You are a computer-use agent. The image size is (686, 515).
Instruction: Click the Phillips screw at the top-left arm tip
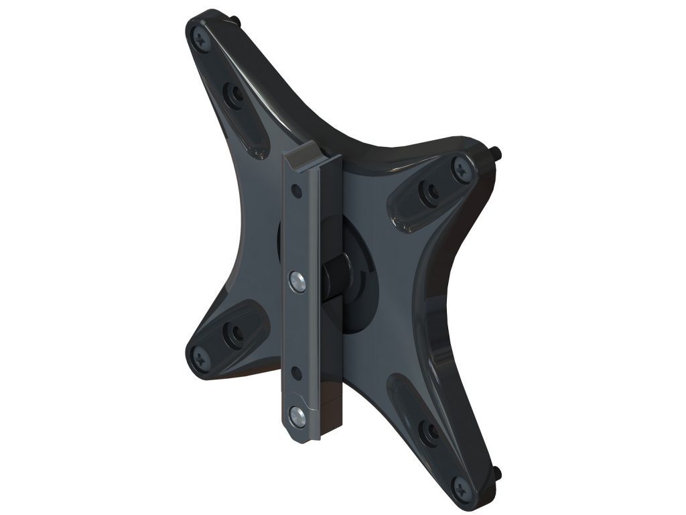coord(200,38)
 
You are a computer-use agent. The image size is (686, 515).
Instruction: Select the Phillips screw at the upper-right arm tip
coord(461,168)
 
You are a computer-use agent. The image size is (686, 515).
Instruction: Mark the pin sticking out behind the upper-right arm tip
coord(497,154)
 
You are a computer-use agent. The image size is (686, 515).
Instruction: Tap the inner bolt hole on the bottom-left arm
coord(234,332)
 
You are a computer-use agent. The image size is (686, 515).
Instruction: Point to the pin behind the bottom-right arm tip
coord(497,474)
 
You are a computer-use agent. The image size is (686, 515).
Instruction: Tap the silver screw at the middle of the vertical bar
coord(297,280)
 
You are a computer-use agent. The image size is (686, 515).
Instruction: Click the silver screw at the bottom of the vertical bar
coord(297,416)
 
